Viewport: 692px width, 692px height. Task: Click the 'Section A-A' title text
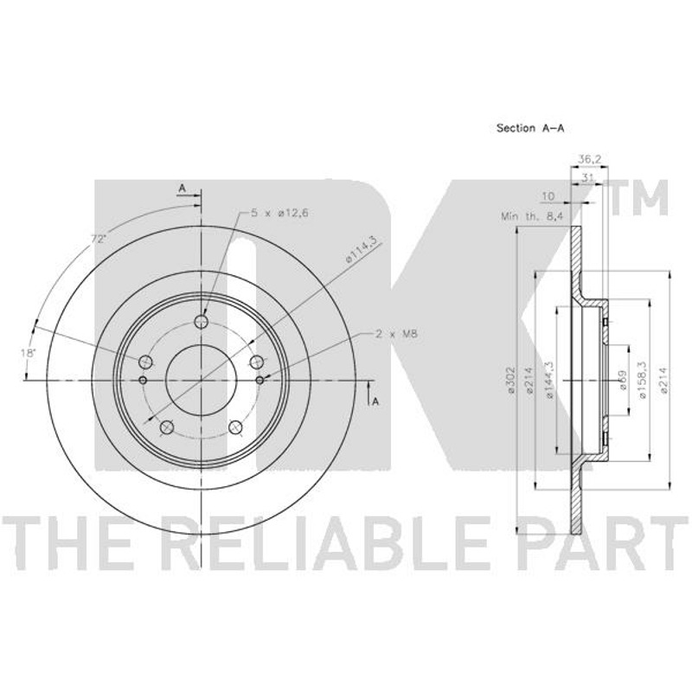point(530,128)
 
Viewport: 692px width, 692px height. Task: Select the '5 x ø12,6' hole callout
point(279,213)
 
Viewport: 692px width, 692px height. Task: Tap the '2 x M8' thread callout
point(396,334)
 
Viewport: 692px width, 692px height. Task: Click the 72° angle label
point(99,240)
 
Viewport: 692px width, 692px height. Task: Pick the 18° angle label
point(28,353)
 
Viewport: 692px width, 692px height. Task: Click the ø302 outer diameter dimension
point(511,379)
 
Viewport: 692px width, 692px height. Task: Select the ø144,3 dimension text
point(549,380)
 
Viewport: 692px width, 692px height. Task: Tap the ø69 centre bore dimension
point(624,380)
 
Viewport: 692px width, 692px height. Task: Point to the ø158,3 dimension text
point(643,380)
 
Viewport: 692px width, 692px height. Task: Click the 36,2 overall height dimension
point(590,159)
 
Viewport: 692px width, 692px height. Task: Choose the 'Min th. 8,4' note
point(533,216)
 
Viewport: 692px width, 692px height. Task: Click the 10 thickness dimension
point(548,196)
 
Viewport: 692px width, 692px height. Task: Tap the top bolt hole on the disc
point(202,322)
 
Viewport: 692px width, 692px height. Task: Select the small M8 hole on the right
point(260,380)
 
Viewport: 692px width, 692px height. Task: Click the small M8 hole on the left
point(143,380)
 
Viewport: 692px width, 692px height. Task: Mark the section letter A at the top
point(182,189)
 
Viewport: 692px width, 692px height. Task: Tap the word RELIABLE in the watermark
point(329,544)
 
